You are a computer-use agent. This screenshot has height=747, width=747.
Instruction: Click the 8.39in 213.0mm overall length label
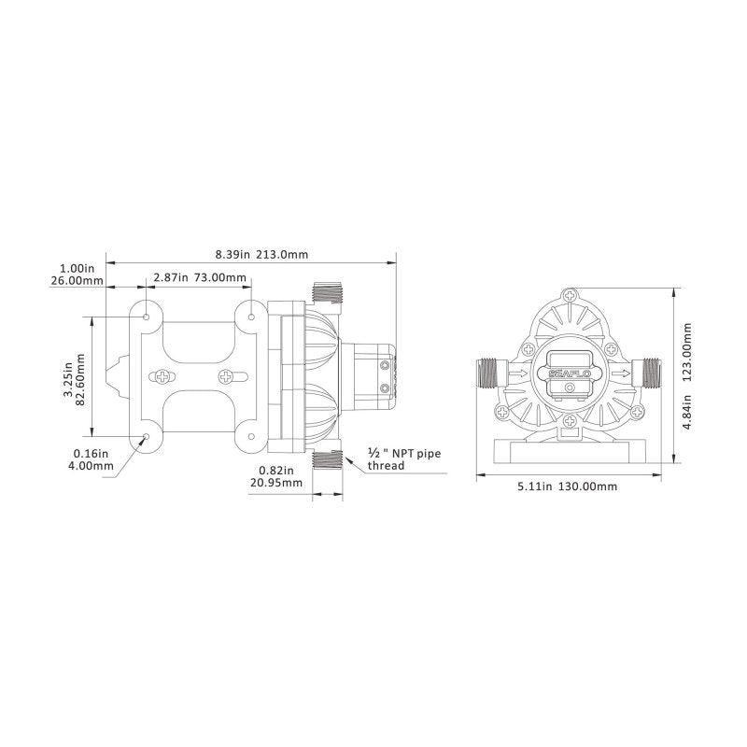tap(248, 253)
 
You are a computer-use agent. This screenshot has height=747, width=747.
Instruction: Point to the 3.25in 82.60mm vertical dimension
tap(74, 377)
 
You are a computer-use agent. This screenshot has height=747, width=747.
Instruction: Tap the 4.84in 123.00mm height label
tap(689, 377)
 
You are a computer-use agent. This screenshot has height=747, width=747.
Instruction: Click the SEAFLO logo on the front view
tap(569, 373)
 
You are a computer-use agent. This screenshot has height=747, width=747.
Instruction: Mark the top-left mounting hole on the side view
tap(147, 317)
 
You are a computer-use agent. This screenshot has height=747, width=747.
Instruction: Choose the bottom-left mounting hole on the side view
tap(147, 437)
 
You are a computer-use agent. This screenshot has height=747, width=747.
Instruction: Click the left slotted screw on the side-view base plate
tap(163, 377)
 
